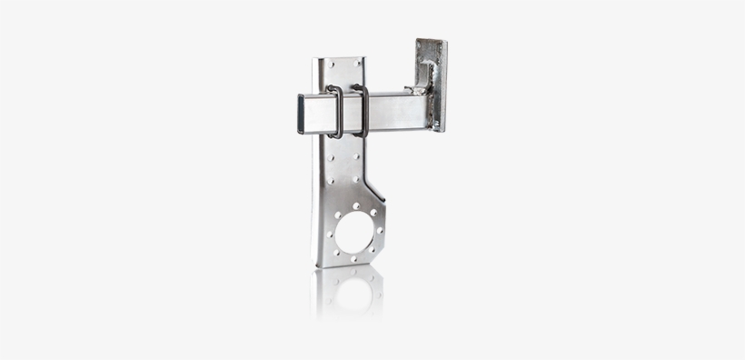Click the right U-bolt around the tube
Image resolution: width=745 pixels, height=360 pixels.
point(362,111)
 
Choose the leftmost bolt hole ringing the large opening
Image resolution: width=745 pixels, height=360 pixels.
point(329,235)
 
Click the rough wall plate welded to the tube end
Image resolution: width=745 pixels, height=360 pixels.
point(431,85)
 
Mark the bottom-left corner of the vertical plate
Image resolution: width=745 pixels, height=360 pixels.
point(316,265)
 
